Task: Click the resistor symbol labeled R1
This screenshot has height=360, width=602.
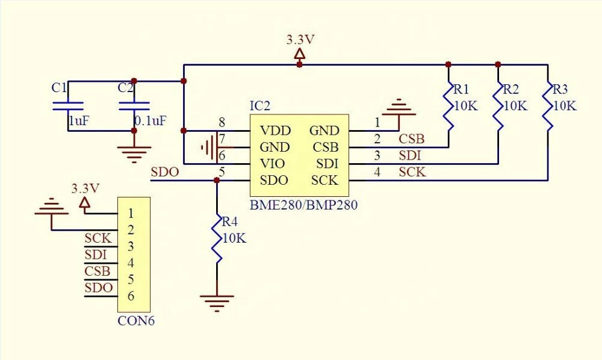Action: click(x=448, y=105)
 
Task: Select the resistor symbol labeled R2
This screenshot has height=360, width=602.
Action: click(x=498, y=105)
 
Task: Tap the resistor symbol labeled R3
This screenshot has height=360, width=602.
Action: click(x=548, y=105)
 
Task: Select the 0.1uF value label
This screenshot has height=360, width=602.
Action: click(x=150, y=121)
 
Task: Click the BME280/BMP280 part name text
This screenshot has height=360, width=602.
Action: click(x=303, y=205)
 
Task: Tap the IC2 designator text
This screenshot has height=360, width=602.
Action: click(x=260, y=106)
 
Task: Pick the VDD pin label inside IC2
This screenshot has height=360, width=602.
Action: click(x=275, y=131)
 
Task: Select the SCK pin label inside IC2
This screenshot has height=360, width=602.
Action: click(x=324, y=180)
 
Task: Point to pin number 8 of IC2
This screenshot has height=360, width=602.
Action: click(x=222, y=123)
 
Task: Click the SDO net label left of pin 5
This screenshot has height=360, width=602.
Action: click(x=165, y=172)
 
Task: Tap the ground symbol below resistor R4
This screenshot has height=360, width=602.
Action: click(x=217, y=302)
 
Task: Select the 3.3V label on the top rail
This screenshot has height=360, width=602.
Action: click(x=300, y=40)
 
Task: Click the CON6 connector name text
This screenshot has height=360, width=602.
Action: click(x=136, y=321)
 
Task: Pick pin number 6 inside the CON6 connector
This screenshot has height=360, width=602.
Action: click(x=131, y=296)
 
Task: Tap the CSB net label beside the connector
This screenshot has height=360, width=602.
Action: click(x=98, y=271)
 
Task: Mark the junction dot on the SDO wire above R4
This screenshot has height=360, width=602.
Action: click(x=217, y=180)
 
